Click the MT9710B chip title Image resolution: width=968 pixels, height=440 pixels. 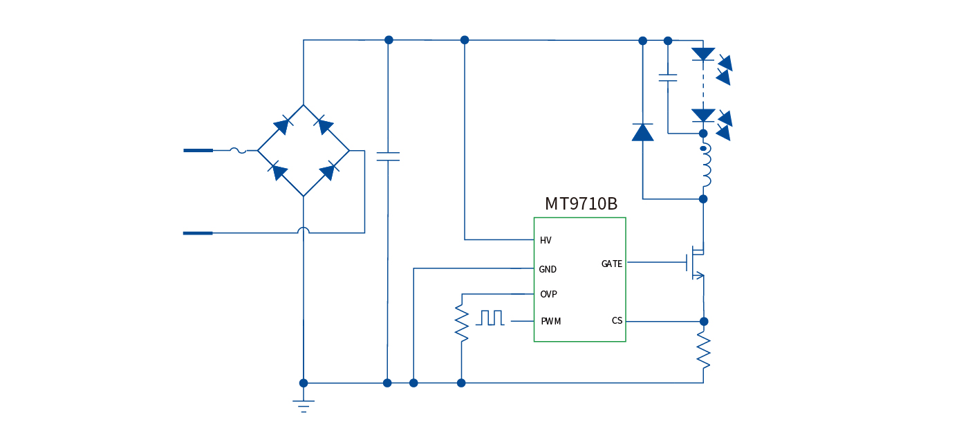(x=581, y=204)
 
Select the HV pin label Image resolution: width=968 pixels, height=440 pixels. (x=546, y=241)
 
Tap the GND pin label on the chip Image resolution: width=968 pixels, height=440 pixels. (x=548, y=270)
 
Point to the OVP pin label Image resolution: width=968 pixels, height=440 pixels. (x=548, y=295)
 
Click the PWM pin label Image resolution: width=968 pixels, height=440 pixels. (x=550, y=322)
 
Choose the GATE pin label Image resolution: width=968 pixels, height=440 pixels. (x=611, y=264)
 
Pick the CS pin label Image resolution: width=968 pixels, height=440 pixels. (x=617, y=321)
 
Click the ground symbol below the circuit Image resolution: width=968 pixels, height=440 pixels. (x=304, y=405)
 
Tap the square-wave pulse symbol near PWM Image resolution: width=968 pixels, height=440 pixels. (x=490, y=318)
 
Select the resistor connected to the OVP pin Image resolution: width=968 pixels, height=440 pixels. (x=461, y=322)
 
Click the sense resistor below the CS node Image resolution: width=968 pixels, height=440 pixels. (x=703, y=350)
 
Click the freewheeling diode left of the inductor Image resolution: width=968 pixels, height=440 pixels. (x=642, y=132)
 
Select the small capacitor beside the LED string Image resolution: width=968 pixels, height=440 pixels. (x=668, y=77)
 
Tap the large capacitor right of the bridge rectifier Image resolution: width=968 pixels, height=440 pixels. (x=388, y=156)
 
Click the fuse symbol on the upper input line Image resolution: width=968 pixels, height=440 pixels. (x=237, y=150)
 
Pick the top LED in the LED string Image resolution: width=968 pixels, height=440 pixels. (x=703, y=54)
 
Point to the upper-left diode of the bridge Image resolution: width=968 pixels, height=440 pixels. (x=281, y=126)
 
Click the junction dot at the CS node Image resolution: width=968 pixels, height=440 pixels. (x=704, y=321)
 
